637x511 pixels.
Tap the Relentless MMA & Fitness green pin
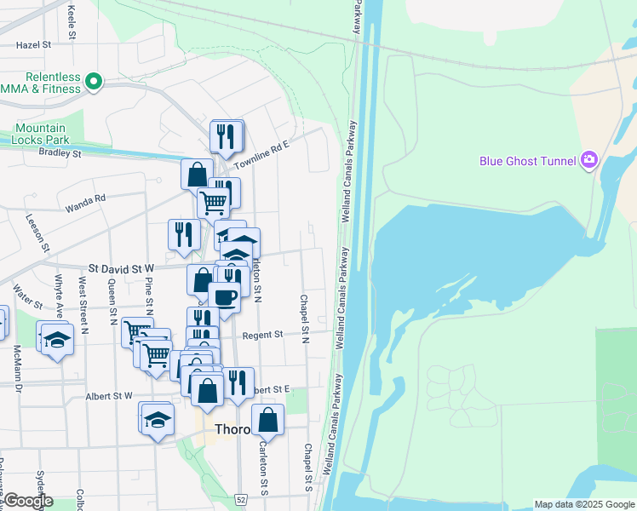[95, 82]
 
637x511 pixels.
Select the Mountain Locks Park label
[39, 134]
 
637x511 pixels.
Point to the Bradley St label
[59, 154]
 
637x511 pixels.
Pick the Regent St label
[262, 336]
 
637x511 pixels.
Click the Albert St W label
[109, 396]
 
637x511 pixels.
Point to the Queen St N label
[112, 305]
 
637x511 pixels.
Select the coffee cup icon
[224, 297]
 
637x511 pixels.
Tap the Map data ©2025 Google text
[583, 504]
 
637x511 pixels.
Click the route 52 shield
[242, 498]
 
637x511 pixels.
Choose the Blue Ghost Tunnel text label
[528, 160]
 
